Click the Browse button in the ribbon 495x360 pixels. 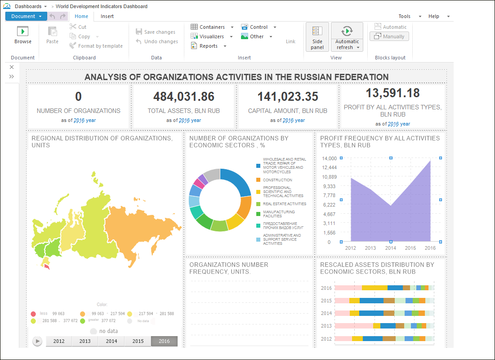pyautogui.click(x=22, y=36)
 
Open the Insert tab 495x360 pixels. pyautogui.click(x=107, y=16)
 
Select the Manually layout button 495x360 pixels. pyautogui.click(x=389, y=36)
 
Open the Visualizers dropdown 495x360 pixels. pyautogui.click(x=212, y=36)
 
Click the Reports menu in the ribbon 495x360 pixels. pyautogui.click(x=209, y=46)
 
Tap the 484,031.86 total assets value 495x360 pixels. pyautogui.click(x=183, y=96)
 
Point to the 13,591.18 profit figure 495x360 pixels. pyautogui.click(x=392, y=93)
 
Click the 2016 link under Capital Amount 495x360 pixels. pyautogui.click(x=288, y=120)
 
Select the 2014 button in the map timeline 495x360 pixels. pyautogui.click(x=111, y=341)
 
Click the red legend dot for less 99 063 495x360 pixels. pyautogui.click(x=33, y=314)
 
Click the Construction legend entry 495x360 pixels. pyautogui.click(x=277, y=180)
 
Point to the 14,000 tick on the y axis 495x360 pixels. pyautogui.click(x=329, y=158)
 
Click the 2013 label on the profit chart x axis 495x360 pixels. pyautogui.click(x=370, y=248)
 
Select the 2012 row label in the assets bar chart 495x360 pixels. pyautogui.click(x=326, y=338)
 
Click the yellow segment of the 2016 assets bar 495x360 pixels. pyautogui.click(x=375, y=288)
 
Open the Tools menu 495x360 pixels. pyautogui.click(x=405, y=16)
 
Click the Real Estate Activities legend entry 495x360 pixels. pyautogui.click(x=284, y=204)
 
